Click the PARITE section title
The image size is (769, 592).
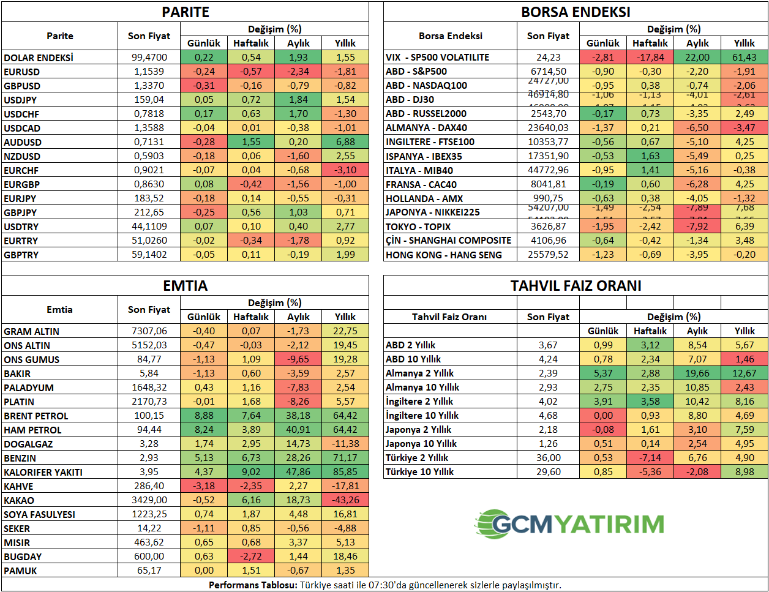click(186, 12)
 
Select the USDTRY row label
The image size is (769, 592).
click(21, 227)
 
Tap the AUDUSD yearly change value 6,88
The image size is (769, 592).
click(345, 142)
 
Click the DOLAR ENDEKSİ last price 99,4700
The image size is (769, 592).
click(149, 58)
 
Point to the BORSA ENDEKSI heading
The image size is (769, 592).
click(576, 12)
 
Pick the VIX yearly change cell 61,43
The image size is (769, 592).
click(745, 58)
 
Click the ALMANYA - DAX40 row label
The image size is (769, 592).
click(426, 128)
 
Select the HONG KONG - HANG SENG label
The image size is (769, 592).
click(444, 255)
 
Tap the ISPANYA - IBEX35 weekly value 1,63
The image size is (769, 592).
click(650, 156)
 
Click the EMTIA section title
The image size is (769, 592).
click(186, 286)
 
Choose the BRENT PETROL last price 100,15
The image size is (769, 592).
click(149, 416)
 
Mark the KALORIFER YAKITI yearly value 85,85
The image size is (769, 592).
click(345, 472)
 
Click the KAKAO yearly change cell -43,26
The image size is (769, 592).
click(345, 500)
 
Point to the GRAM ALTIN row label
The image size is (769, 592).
click(32, 331)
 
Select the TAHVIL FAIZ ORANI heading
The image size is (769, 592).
click(576, 286)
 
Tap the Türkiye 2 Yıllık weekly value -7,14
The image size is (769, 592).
click(650, 458)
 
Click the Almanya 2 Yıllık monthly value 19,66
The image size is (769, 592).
click(697, 373)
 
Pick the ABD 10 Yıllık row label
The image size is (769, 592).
click(413, 359)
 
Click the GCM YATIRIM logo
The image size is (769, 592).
click(569, 524)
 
